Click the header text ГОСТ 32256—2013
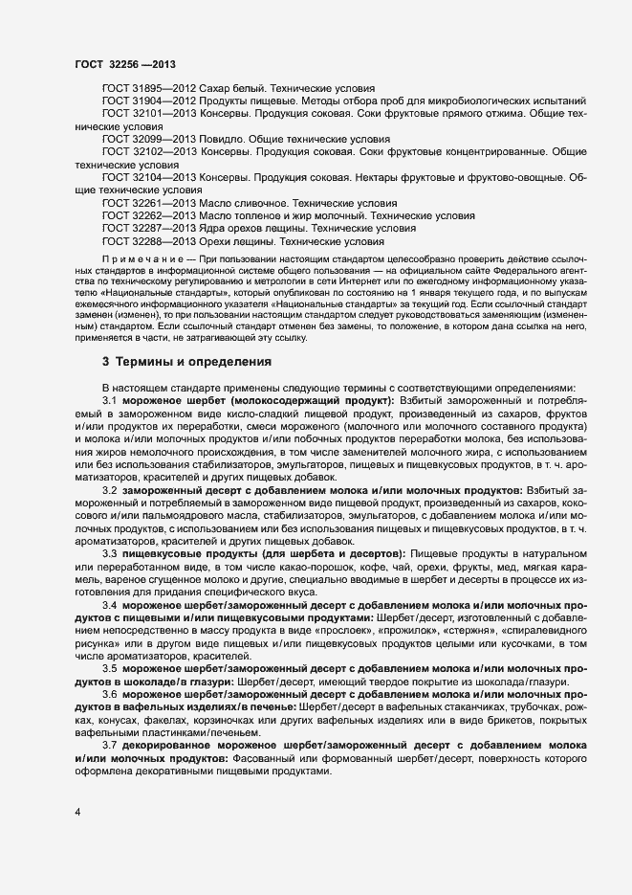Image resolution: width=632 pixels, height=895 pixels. click(x=124, y=62)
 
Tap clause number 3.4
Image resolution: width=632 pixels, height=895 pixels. click(x=110, y=605)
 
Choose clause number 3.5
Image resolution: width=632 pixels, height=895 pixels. click(x=110, y=669)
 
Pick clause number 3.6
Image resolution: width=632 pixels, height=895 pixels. click(x=110, y=694)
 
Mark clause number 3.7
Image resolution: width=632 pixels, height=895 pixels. click(x=110, y=745)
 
